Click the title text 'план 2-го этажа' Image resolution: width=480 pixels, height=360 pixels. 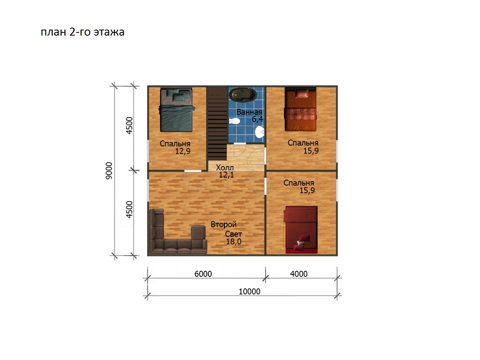[82, 32]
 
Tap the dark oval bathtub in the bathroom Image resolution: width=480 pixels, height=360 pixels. [242, 95]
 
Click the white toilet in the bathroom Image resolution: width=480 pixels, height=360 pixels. [234, 121]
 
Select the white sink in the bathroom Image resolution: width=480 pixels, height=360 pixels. [260, 132]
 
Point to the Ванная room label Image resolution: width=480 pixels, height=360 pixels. [249, 112]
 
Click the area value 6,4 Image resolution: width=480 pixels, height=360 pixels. [257, 119]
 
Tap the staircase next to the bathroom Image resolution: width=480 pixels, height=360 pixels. [217, 124]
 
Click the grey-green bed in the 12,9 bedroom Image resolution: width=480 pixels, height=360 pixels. [176, 110]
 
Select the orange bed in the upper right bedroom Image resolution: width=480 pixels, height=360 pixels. [300, 109]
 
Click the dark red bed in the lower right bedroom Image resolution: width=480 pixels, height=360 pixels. [301, 230]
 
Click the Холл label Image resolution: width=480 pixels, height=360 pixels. [225, 168]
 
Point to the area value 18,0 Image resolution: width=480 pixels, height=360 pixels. [234, 242]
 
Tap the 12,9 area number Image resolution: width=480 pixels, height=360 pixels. [183, 151]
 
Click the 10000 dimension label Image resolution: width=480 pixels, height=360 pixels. [250, 292]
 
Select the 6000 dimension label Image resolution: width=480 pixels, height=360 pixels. [203, 274]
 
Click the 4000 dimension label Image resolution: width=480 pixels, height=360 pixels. [299, 274]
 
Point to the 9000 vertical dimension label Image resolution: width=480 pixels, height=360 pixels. [109, 171]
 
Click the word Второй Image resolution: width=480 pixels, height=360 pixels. [224, 224]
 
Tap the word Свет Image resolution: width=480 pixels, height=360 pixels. [233, 234]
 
